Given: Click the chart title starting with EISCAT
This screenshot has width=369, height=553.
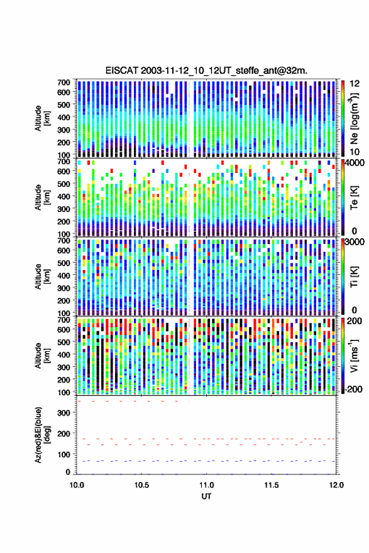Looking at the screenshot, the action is tap(206, 70).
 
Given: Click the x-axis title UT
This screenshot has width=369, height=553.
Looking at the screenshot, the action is tap(206, 496).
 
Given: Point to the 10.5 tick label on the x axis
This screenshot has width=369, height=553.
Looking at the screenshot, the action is tap(141, 485).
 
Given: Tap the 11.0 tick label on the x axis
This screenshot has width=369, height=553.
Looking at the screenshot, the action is tap(206, 485).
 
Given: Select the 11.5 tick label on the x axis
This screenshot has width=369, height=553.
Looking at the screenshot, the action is tap(271, 485).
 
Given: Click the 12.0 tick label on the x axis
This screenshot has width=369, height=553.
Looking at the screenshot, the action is tap(336, 485).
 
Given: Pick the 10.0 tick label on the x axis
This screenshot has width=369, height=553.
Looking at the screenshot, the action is tap(77, 485).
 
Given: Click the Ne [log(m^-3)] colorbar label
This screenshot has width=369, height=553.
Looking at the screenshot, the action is tap(354, 118).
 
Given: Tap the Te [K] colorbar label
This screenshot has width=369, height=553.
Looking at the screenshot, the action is tap(354, 198).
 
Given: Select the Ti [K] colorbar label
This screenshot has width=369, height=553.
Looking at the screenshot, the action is tap(354, 277).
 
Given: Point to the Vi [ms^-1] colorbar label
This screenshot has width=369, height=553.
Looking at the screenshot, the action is tap(354, 355).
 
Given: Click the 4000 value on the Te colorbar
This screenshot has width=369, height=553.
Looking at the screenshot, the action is tap(355, 164).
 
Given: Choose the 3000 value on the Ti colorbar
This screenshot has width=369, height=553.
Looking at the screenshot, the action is tap(355, 242).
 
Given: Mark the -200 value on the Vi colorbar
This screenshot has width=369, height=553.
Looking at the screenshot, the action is tap(353, 389).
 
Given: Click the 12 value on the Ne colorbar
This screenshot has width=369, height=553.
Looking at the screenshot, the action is tap(355, 84).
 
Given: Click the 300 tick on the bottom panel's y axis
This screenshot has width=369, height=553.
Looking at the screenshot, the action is tap(63, 413).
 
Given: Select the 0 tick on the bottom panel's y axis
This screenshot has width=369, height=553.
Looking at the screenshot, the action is tap(68, 472).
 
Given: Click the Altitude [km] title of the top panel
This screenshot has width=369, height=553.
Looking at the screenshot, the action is tap(42, 118).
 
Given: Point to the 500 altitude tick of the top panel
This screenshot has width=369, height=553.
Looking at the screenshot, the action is tap(63, 104).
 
